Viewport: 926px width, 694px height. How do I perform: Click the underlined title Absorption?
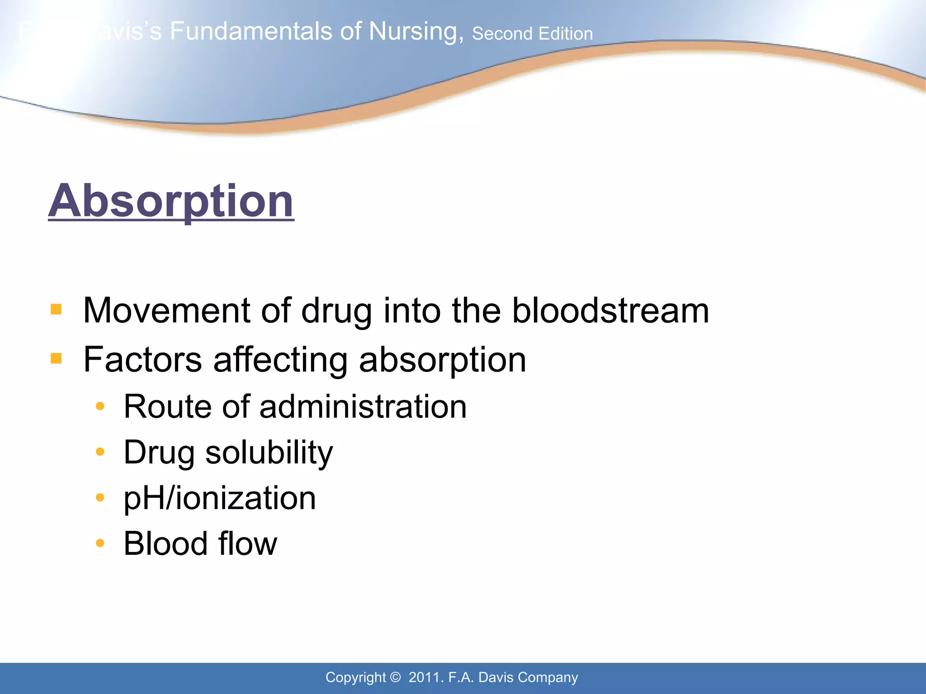click(171, 201)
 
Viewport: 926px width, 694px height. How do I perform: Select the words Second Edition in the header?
click(532, 34)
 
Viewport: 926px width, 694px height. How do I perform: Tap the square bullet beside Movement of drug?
click(56, 309)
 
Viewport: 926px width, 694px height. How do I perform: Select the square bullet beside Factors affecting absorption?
click(56, 359)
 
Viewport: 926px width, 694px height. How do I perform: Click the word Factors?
click(142, 360)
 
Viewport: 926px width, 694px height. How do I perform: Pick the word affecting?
click(280, 360)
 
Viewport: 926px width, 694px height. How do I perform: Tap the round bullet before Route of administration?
click(100, 406)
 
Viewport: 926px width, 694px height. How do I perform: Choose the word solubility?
click(269, 453)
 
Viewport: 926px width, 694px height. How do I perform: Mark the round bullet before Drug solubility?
click(100, 451)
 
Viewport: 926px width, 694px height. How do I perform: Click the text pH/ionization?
click(220, 499)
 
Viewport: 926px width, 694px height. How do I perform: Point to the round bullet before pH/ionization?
click(100, 497)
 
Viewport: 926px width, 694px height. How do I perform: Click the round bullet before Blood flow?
click(100, 543)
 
